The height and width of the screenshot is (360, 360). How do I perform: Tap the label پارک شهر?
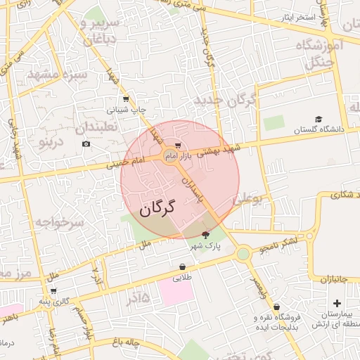(x=205, y=247)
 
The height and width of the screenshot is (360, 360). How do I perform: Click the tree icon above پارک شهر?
(x=205, y=235)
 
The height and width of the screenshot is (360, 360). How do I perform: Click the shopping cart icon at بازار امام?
(x=178, y=147)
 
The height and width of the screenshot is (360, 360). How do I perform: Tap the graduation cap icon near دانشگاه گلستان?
(x=319, y=120)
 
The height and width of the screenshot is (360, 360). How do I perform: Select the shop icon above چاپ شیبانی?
(x=126, y=98)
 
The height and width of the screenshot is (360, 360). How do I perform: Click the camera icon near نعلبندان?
(x=86, y=144)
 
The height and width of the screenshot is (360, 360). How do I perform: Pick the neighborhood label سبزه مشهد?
(x=58, y=73)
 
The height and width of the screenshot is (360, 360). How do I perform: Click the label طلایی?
(x=183, y=278)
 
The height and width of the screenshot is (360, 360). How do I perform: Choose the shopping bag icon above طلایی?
(x=183, y=267)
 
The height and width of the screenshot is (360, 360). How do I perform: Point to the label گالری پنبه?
(x=55, y=302)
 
